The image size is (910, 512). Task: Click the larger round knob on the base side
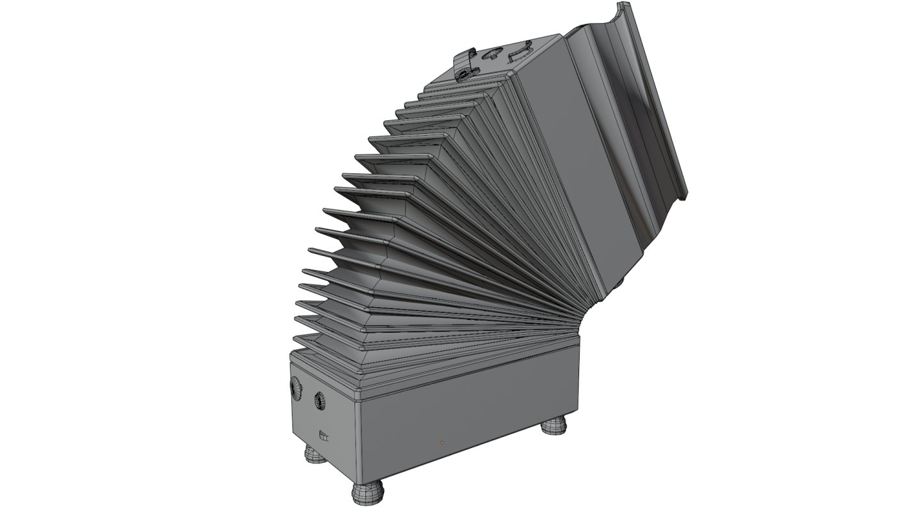point(296,387)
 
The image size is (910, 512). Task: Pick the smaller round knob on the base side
point(318,401)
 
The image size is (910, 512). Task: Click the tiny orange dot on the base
point(442,442)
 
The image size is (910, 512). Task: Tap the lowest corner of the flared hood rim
point(683,195)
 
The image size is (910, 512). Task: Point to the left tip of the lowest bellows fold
point(295,340)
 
